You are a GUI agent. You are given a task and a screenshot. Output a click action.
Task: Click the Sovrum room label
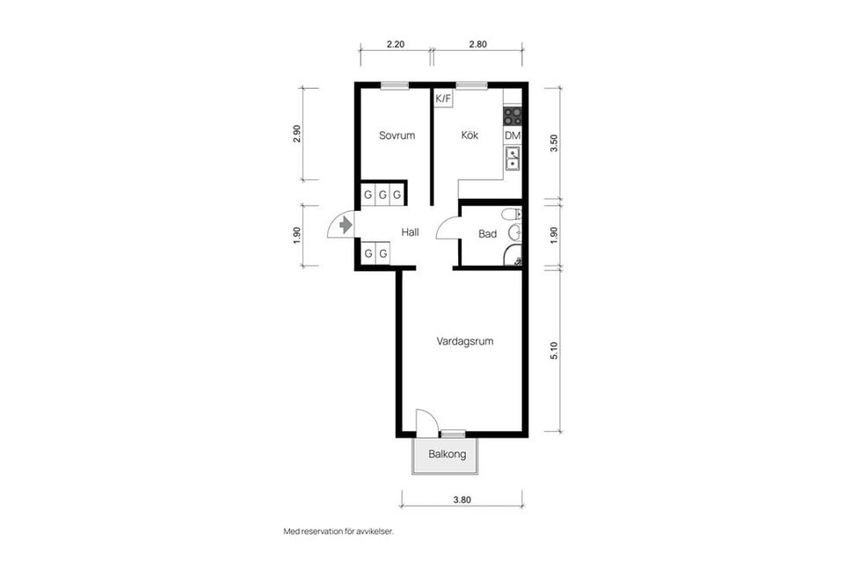[x=397, y=135]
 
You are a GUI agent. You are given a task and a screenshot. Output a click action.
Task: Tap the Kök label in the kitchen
[x=469, y=135]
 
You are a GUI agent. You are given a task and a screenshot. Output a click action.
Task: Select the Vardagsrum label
[x=464, y=341]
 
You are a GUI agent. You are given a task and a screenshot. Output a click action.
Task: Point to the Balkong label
[x=447, y=454]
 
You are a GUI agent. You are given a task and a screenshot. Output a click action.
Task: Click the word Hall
[x=411, y=232]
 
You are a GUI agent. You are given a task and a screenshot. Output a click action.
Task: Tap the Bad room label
[x=487, y=234]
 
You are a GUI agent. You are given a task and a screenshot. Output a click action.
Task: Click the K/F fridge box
[x=443, y=99]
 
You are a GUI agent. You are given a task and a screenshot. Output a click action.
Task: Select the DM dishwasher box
[x=513, y=135]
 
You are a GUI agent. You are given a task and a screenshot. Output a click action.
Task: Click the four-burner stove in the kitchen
[x=513, y=116]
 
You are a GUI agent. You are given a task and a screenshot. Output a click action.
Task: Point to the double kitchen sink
[x=513, y=158]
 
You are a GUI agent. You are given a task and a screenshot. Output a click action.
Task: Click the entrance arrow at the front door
[x=346, y=224]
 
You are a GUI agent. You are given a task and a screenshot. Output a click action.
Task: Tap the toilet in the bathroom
[x=512, y=215]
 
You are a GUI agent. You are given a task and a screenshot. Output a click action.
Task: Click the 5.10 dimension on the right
[x=554, y=350]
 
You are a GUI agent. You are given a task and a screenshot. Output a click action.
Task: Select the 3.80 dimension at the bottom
[x=462, y=500]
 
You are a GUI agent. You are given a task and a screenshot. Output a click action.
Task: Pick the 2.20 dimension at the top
[x=396, y=44]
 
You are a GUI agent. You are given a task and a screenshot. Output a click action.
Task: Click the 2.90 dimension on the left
[x=296, y=134]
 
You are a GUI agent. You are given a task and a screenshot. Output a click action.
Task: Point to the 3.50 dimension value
[x=554, y=143]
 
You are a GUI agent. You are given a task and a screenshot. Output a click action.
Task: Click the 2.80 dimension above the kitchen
[x=477, y=44]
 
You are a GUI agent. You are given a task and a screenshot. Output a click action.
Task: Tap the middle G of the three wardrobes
[x=382, y=195]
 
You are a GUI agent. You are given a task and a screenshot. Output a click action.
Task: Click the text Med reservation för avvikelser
[x=338, y=531]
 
